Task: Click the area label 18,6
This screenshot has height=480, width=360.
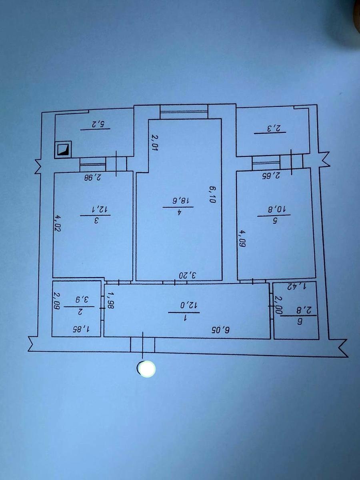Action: tap(178, 200)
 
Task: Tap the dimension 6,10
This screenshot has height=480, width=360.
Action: tap(212, 194)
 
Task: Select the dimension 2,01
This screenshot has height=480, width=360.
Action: tap(154, 143)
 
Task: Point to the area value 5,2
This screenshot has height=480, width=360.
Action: tap(95, 124)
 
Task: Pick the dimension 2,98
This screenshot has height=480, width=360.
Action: tap(93, 177)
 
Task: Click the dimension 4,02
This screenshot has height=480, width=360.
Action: tap(58, 224)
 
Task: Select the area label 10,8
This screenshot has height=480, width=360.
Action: tap(274, 210)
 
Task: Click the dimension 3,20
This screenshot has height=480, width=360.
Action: tap(187, 275)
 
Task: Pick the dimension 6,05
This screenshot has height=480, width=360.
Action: tap(220, 330)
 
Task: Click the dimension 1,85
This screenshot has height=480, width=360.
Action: tap(81, 329)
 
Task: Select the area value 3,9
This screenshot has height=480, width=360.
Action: tap(81, 300)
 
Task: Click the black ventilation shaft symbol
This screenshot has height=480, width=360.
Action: tap(63, 150)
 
